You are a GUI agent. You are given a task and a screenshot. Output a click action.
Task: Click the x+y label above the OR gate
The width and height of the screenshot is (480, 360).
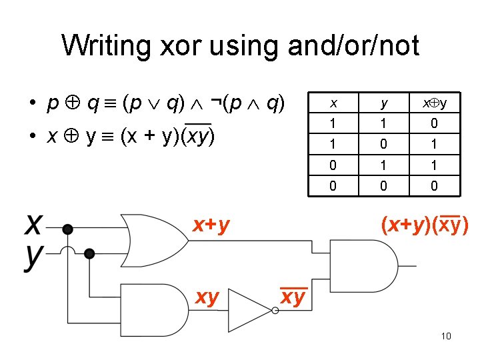211,226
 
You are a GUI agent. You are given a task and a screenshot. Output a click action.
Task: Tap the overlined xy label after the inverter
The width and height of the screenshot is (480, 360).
293,297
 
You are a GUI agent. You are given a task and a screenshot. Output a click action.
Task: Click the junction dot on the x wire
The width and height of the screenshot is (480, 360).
67,230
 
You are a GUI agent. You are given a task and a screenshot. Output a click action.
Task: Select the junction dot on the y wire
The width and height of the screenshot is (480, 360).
89,253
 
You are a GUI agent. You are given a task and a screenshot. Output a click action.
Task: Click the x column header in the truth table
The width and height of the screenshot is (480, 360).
333,103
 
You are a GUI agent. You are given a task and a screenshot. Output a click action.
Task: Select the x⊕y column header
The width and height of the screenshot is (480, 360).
434,103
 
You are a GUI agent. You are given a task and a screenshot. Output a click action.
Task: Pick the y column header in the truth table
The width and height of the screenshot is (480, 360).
383,103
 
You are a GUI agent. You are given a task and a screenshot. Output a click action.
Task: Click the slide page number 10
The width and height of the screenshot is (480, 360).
446,336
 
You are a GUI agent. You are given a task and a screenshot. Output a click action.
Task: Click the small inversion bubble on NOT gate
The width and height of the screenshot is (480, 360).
275,310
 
